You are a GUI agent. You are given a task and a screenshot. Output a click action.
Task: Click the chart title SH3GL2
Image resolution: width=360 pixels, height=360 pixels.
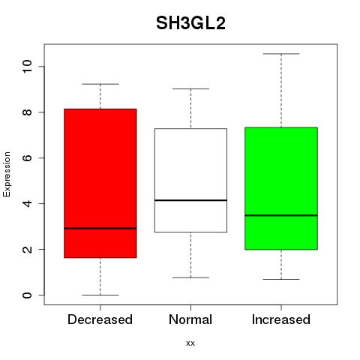click(x=190, y=23)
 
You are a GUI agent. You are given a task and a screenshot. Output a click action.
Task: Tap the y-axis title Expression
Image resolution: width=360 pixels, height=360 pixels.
click(x=7, y=174)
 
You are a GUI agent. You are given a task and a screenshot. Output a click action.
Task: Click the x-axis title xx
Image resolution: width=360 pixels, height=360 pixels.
click(x=190, y=343)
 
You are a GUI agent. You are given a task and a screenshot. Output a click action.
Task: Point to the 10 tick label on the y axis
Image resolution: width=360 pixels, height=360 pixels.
click(x=27, y=66)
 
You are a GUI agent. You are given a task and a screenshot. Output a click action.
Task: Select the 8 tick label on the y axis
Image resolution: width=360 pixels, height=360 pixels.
click(x=27, y=112)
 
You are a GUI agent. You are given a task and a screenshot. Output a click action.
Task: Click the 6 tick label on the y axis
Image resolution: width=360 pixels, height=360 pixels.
click(x=27, y=157)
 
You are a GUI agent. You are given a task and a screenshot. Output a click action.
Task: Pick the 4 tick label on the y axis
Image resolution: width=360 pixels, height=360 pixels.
click(x=27, y=203)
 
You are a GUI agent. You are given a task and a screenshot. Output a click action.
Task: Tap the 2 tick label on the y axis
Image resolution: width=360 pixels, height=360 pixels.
click(x=27, y=249)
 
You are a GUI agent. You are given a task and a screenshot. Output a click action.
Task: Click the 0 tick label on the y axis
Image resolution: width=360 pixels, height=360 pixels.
click(x=27, y=295)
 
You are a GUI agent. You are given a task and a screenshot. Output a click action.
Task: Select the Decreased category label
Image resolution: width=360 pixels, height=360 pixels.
click(x=100, y=319)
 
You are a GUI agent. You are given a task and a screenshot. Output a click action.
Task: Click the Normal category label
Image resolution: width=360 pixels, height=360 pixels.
click(x=190, y=319)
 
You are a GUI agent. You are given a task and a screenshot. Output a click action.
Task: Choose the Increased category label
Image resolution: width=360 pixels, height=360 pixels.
click(x=281, y=319)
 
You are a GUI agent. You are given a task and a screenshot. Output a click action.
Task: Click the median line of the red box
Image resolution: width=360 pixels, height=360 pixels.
click(x=100, y=228)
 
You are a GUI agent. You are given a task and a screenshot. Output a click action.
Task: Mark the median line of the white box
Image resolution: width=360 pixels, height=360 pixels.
click(x=190, y=200)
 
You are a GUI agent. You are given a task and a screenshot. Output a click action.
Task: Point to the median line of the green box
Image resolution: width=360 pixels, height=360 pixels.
click(x=281, y=215)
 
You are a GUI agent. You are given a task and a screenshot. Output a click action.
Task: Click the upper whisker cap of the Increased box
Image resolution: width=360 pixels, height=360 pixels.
click(x=281, y=54)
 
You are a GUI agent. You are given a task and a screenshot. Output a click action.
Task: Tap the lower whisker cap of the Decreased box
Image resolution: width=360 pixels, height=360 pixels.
click(x=100, y=295)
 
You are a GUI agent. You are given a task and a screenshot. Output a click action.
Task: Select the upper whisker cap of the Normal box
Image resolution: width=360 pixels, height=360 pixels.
click(x=190, y=88)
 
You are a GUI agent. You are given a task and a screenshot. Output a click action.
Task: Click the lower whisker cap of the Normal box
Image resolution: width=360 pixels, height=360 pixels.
click(x=190, y=277)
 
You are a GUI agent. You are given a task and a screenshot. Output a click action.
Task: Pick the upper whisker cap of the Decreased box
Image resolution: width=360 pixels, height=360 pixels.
click(x=100, y=84)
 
